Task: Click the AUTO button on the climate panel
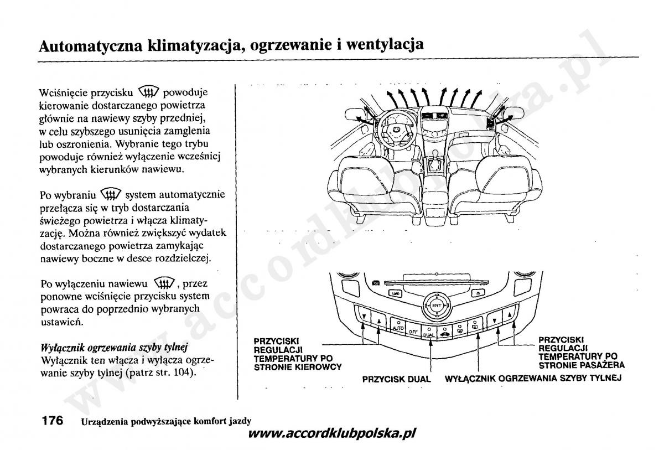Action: tap(398, 325)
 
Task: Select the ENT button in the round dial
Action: tap(437, 306)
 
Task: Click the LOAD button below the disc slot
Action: tap(396, 293)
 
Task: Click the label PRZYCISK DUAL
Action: tap(396, 379)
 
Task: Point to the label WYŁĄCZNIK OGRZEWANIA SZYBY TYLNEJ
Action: tap(533, 378)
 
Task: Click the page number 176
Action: tap(53, 420)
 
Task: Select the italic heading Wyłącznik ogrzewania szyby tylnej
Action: tap(114, 348)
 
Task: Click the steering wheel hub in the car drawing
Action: tap(396, 130)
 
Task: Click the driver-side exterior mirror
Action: tap(355, 113)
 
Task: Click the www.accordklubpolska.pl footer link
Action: tap(332, 433)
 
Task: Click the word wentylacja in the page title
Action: tap(385, 45)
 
